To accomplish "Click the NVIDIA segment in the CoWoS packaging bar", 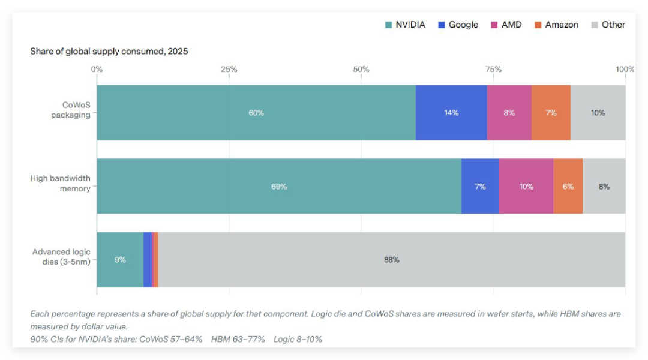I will (256, 113).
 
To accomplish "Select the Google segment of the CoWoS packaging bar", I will (451, 113).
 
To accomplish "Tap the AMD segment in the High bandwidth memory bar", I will (526, 187).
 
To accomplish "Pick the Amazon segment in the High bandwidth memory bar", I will (568, 187).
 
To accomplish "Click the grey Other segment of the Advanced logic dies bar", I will (391, 260).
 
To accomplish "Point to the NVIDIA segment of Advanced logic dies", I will (120, 260).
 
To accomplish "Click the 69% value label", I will (279, 187).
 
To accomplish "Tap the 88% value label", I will (391, 260).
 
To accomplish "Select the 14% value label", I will (451, 113).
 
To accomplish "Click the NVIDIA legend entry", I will (406, 25).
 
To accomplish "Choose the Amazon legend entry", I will (556, 25).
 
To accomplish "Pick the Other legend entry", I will (608, 25).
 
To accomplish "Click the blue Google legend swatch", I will (442, 25).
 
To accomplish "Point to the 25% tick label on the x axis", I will (229, 69).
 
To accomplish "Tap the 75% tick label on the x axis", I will (493, 69).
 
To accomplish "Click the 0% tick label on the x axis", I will (97, 69).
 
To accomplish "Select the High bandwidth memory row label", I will (60, 183).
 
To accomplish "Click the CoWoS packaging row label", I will (70, 109).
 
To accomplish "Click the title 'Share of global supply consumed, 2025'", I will (109, 52).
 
